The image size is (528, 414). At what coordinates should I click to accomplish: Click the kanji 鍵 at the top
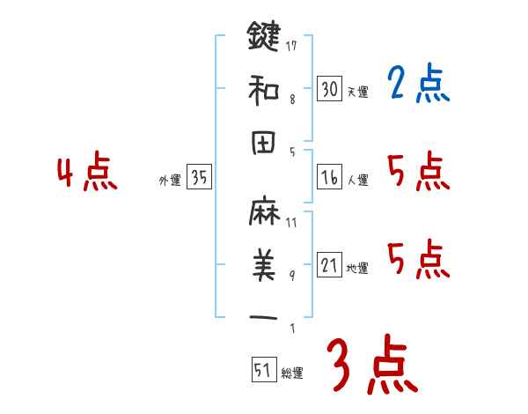264,39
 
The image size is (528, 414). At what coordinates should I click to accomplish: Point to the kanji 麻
264,214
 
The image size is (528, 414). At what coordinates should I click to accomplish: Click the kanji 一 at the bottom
264,317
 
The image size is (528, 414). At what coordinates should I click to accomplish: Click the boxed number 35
199,177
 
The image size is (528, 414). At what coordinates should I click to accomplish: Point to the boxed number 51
262,370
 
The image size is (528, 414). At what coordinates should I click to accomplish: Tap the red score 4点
87,173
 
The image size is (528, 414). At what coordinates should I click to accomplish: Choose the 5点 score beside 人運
418,171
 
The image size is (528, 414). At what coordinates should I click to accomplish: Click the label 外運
170,180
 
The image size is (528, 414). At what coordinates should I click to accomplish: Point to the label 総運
292,373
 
